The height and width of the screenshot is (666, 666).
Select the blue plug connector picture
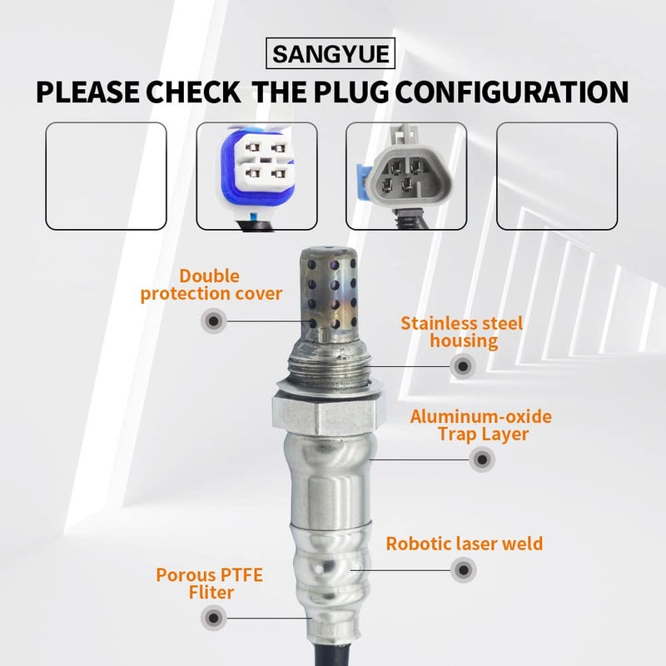[256, 176]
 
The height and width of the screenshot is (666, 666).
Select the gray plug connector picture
[406, 176]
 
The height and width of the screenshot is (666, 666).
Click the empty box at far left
[106, 176]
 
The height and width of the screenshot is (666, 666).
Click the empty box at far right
[557, 176]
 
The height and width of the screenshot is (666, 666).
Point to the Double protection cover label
[211, 284]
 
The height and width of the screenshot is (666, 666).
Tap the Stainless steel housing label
[462, 331]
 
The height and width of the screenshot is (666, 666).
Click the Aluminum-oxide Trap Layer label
[480, 425]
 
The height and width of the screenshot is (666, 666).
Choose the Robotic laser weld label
[464, 544]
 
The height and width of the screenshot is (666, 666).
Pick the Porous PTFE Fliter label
[195, 583]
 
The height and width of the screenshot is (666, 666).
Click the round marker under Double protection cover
[214, 320]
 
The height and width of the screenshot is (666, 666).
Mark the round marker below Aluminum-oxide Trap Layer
[480, 459]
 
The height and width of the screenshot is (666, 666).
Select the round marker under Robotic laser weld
[463, 570]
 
